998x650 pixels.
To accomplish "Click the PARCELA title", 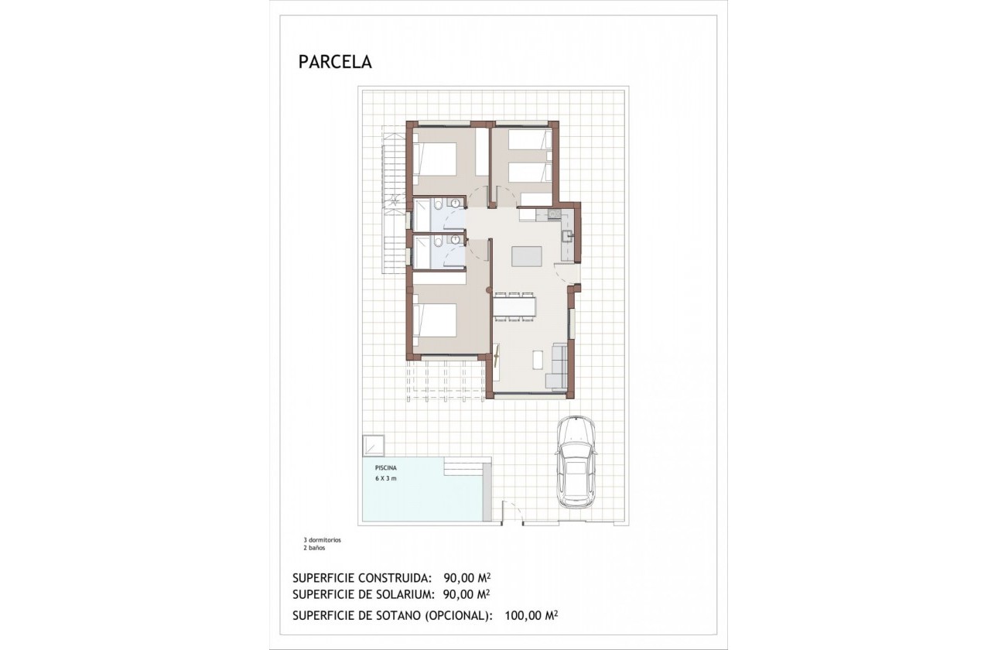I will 335,63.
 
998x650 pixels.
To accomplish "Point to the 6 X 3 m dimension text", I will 380,480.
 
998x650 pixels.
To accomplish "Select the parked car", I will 575,462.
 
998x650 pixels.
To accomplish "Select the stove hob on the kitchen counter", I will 553,214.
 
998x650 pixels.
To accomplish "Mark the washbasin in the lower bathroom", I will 455,241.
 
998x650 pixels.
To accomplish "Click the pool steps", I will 467,467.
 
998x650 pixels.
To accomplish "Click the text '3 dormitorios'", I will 322,539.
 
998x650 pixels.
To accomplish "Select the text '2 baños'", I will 314,547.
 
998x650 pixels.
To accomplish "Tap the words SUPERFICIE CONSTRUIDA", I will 361,578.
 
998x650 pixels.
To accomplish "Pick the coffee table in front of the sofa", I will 538,358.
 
